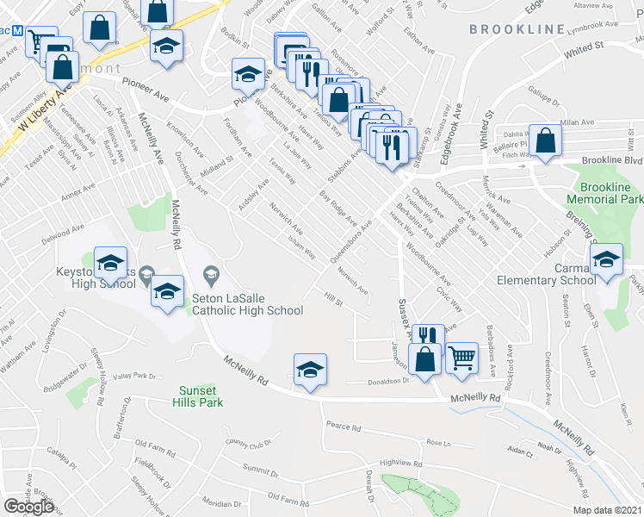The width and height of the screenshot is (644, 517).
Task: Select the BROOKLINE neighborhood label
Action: point(516,29)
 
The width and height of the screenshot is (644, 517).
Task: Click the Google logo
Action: point(28,507)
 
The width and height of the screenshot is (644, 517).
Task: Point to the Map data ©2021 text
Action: point(607,509)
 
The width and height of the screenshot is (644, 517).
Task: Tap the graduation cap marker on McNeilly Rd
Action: point(310,369)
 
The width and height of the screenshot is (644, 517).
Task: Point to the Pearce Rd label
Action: point(344,427)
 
